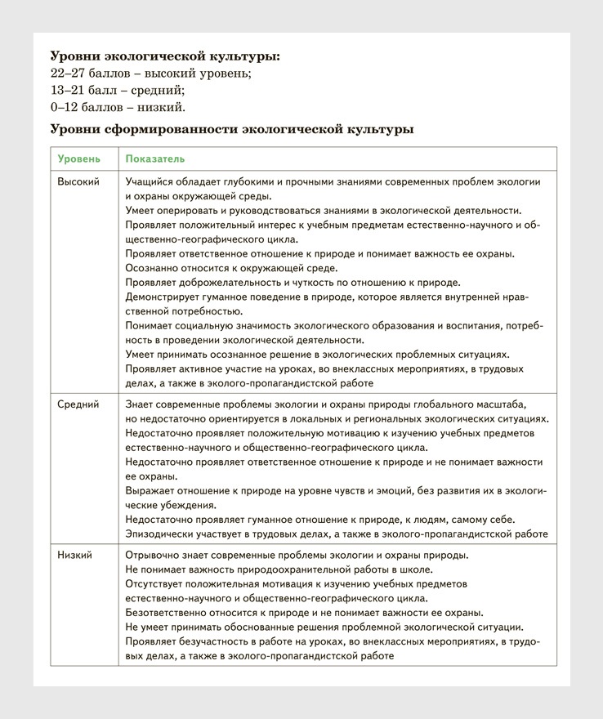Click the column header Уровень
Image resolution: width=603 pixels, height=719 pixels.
point(78,159)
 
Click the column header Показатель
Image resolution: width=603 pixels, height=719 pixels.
point(155,159)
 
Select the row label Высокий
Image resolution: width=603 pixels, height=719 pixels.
point(78,181)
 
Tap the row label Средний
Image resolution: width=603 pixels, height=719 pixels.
point(78,404)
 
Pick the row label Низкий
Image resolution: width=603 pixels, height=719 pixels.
point(75,555)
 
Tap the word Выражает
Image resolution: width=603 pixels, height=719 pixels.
point(150,490)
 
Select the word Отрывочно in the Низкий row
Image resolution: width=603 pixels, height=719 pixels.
point(153,555)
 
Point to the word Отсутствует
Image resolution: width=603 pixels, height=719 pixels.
point(157,583)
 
